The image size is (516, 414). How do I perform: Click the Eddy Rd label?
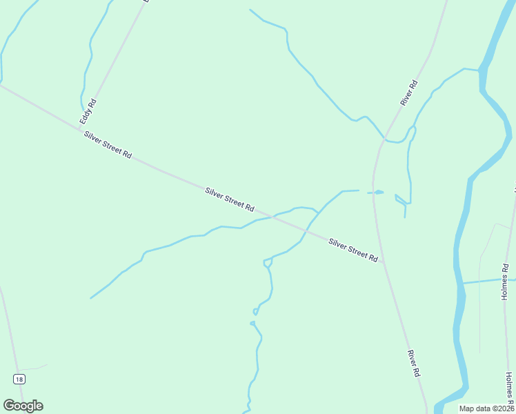88,112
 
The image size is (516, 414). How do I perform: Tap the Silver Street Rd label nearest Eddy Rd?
108,145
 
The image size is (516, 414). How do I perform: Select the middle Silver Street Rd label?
230,199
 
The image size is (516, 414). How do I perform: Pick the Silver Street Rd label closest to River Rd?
353,250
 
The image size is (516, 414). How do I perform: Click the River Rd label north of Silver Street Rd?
410,93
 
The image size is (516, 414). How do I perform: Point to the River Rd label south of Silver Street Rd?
414,363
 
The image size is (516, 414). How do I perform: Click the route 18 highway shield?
19,379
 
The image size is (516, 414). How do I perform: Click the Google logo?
23,406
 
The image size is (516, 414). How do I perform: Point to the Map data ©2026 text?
486,408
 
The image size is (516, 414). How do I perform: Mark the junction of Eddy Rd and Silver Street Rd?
79,128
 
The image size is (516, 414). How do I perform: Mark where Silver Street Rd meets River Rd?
382,262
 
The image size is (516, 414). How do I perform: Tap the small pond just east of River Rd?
378,192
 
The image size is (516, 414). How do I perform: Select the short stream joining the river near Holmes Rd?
486,281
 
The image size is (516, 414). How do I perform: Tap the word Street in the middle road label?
230,199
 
